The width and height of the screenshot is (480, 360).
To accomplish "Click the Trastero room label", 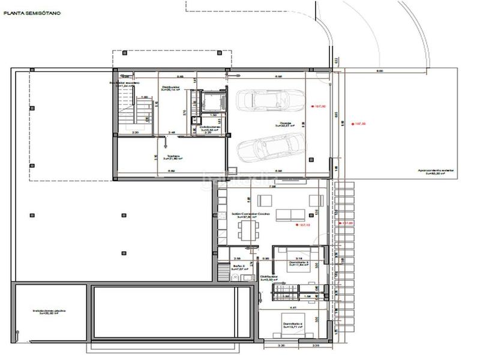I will [174, 158].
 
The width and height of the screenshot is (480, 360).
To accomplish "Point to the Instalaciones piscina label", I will [49, 311].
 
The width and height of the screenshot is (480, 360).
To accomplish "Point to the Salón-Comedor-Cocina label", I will [250, 214].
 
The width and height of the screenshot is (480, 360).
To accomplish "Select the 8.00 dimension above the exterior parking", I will [380, 71].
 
